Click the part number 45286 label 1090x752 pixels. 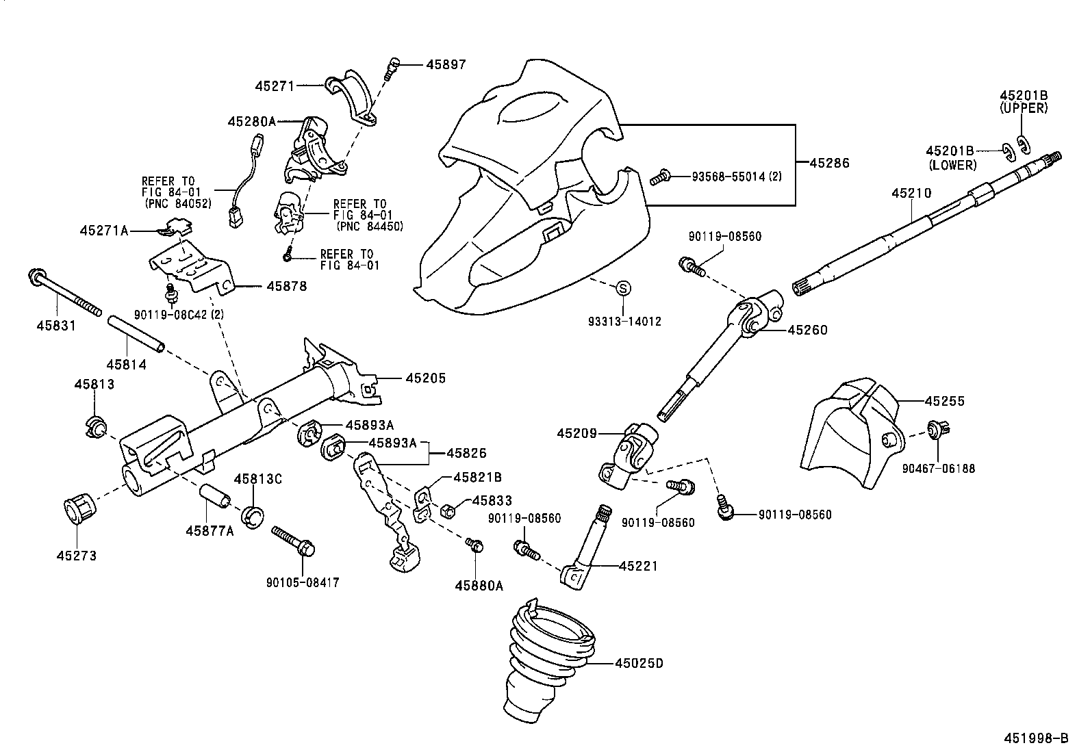tap(829, 164)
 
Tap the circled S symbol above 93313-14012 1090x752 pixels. tap(623, 288)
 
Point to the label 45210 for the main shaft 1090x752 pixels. tap(911, 194)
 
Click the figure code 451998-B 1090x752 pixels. tap(1036, 738)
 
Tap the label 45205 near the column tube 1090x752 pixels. tap(425, 378)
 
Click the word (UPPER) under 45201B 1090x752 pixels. tap(1024, 108)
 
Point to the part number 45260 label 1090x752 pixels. tap(807, 330)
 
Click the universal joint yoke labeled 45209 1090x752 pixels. tap(630, 455)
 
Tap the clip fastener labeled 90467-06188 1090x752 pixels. tap(936, 430)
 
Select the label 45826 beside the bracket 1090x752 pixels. tap(466, 453)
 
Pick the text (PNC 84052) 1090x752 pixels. tap(177, 203)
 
